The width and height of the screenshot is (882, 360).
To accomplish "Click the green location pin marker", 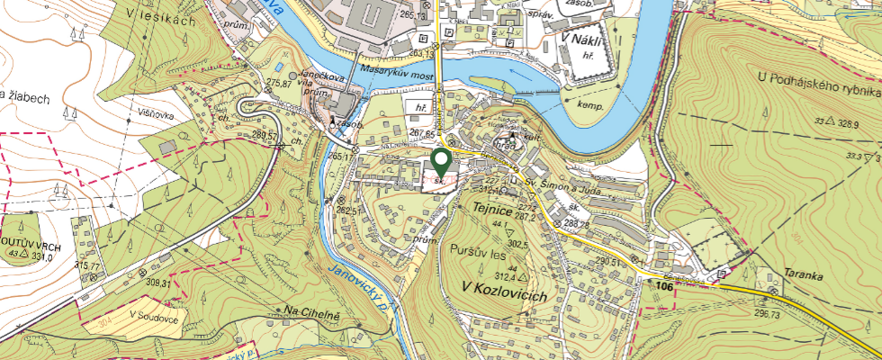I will click(441, 162).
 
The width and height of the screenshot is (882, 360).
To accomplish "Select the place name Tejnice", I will click(492, 210).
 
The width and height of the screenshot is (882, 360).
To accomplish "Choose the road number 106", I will click(664, 286).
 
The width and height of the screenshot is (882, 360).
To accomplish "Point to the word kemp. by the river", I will click(590, 104).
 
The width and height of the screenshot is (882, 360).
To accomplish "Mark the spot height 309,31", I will click(157, 283).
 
